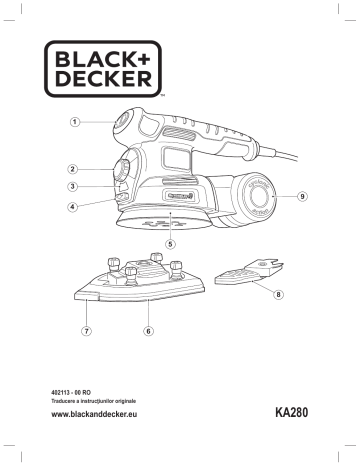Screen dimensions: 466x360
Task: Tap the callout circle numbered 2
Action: pos(74,169)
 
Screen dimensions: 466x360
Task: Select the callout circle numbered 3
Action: pos(74,187)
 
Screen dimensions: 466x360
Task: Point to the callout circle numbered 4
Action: pos(74,208)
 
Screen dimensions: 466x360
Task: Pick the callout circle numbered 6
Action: pos(148,330)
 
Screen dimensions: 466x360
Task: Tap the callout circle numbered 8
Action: pos(279,295)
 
